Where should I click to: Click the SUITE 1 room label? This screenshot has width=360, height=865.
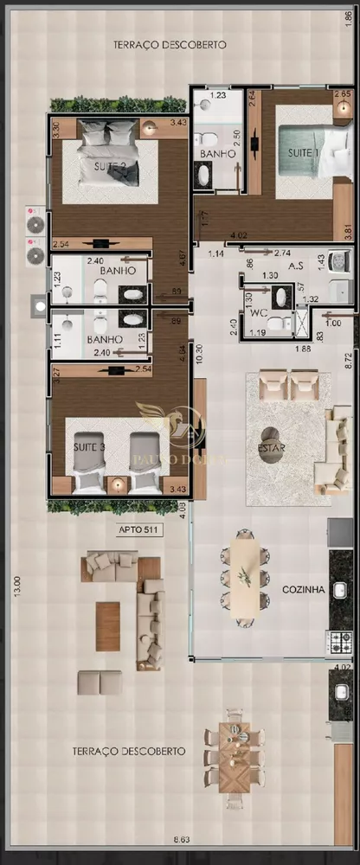[x=304, y=153]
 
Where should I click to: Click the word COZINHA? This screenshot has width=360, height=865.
[x=303, y=590]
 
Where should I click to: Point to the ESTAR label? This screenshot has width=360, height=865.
[x=272, y=447]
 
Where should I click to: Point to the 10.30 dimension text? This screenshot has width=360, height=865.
[x=198, y=354]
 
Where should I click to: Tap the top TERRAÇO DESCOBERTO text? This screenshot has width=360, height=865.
[x=170, y=43]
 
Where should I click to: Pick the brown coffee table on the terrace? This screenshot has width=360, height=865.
[x=108, y=625]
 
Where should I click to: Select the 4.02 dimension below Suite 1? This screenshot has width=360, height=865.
[x=238, y=235]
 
